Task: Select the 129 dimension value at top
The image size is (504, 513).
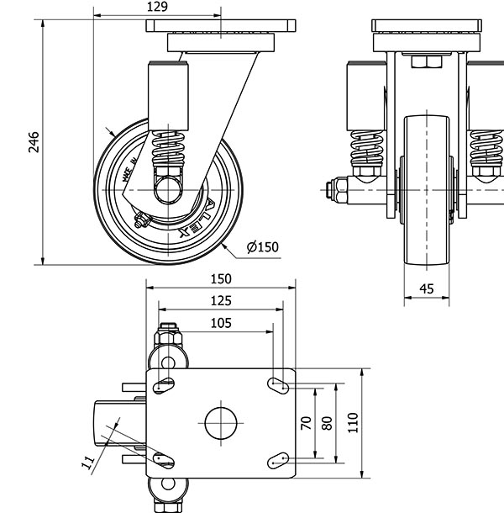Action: point(157,7)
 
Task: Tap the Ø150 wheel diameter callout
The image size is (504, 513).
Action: point(262,246)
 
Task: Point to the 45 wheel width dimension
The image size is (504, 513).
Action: point(426,288)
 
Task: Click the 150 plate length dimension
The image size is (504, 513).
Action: point(220,279)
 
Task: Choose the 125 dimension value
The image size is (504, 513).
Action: point(220,300)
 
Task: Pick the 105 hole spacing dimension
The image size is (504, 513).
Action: point(220,322)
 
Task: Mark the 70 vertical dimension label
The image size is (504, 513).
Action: point(307,422)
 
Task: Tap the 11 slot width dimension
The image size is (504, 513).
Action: point(87,461)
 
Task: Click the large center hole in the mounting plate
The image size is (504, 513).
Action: point(220,422)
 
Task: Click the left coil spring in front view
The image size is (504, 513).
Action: point(367,150)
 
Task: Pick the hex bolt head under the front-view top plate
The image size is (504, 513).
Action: point(424,61)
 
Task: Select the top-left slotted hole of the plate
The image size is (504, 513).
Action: point(163,386)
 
